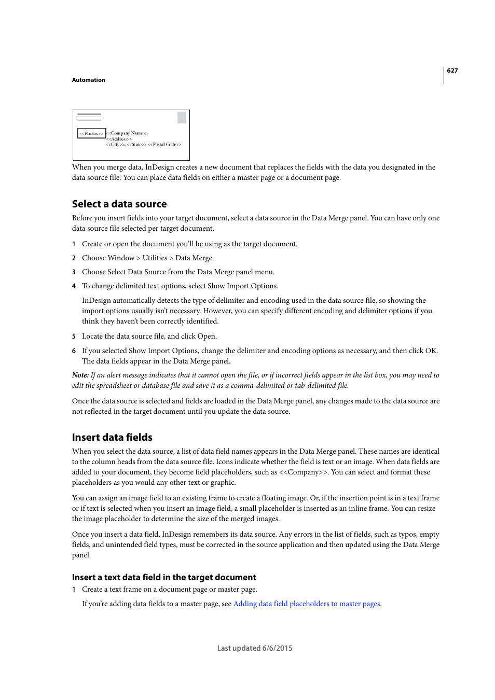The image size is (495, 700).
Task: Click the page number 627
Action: [x=452, y=71]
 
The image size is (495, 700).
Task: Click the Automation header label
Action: [x=88, y=80]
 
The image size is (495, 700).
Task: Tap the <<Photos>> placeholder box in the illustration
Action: [x=91, y=133]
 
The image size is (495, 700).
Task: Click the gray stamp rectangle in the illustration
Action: [x=182, y=118]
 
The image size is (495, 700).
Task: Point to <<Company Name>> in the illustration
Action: [x=128, y=133]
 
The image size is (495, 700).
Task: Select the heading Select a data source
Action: [x=119, y=204]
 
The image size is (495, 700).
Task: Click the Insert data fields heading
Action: [x=112, y=437]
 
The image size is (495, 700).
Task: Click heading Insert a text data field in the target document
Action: [x=164, y=577]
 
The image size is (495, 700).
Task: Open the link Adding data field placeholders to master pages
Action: [x=306, y=604]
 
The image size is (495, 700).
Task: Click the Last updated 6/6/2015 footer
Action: [x=254, y=648]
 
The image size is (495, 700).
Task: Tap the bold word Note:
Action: [x=80, y=375]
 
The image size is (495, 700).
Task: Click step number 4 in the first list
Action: [x=74, y=286]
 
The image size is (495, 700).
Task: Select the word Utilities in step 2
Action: [x=155, y=258]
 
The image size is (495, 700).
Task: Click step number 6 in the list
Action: [x=74, y=351]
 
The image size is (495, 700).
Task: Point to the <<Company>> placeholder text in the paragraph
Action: [x=304, y=472]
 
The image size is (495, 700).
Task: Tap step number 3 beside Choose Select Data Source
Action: [x=74, y=272]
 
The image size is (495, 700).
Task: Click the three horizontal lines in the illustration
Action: [x=89, y=117]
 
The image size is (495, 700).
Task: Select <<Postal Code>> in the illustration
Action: [x=164, y=145]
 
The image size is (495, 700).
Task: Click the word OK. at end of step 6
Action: [x=431, y=351]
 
